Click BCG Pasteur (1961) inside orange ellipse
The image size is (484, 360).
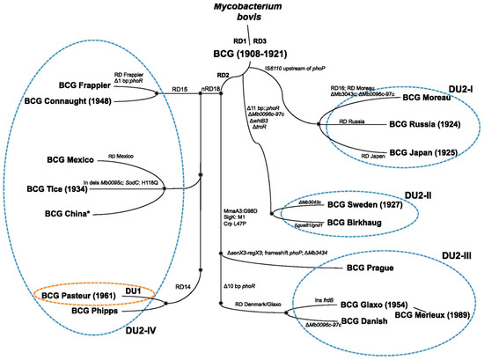83,293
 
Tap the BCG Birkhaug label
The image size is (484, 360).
353,223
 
